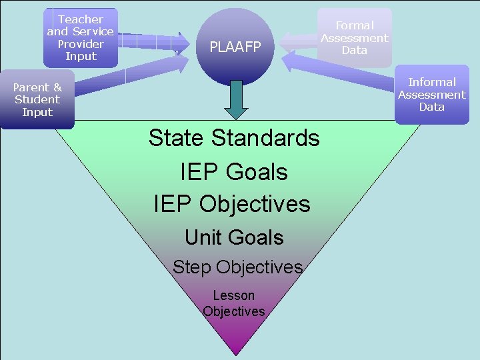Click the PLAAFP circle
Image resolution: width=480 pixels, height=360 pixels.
(235, 46)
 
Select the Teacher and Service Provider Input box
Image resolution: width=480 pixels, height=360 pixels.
(81, 38)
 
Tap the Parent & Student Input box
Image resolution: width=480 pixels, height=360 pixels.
(37, 99)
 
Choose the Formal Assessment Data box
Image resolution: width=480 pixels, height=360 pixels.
(354, 37)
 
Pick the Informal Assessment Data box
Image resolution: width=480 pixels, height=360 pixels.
(431, 95)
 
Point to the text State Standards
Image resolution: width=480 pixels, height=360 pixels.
(234, 138)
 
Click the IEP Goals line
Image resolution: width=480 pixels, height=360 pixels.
(234, 171)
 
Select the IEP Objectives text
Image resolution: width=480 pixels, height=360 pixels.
(232, 203)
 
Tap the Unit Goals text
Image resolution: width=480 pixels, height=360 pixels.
(234, 237)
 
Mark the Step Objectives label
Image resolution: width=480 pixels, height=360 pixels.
(237, 267)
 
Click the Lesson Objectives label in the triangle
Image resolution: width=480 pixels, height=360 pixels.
(234, 303)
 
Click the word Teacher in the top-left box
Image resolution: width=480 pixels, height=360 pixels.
(81, 19)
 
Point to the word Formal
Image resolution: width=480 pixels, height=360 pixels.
(354, 25)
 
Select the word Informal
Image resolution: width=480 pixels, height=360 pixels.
(432, 82)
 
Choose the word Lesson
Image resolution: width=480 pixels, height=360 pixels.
(234, 295)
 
